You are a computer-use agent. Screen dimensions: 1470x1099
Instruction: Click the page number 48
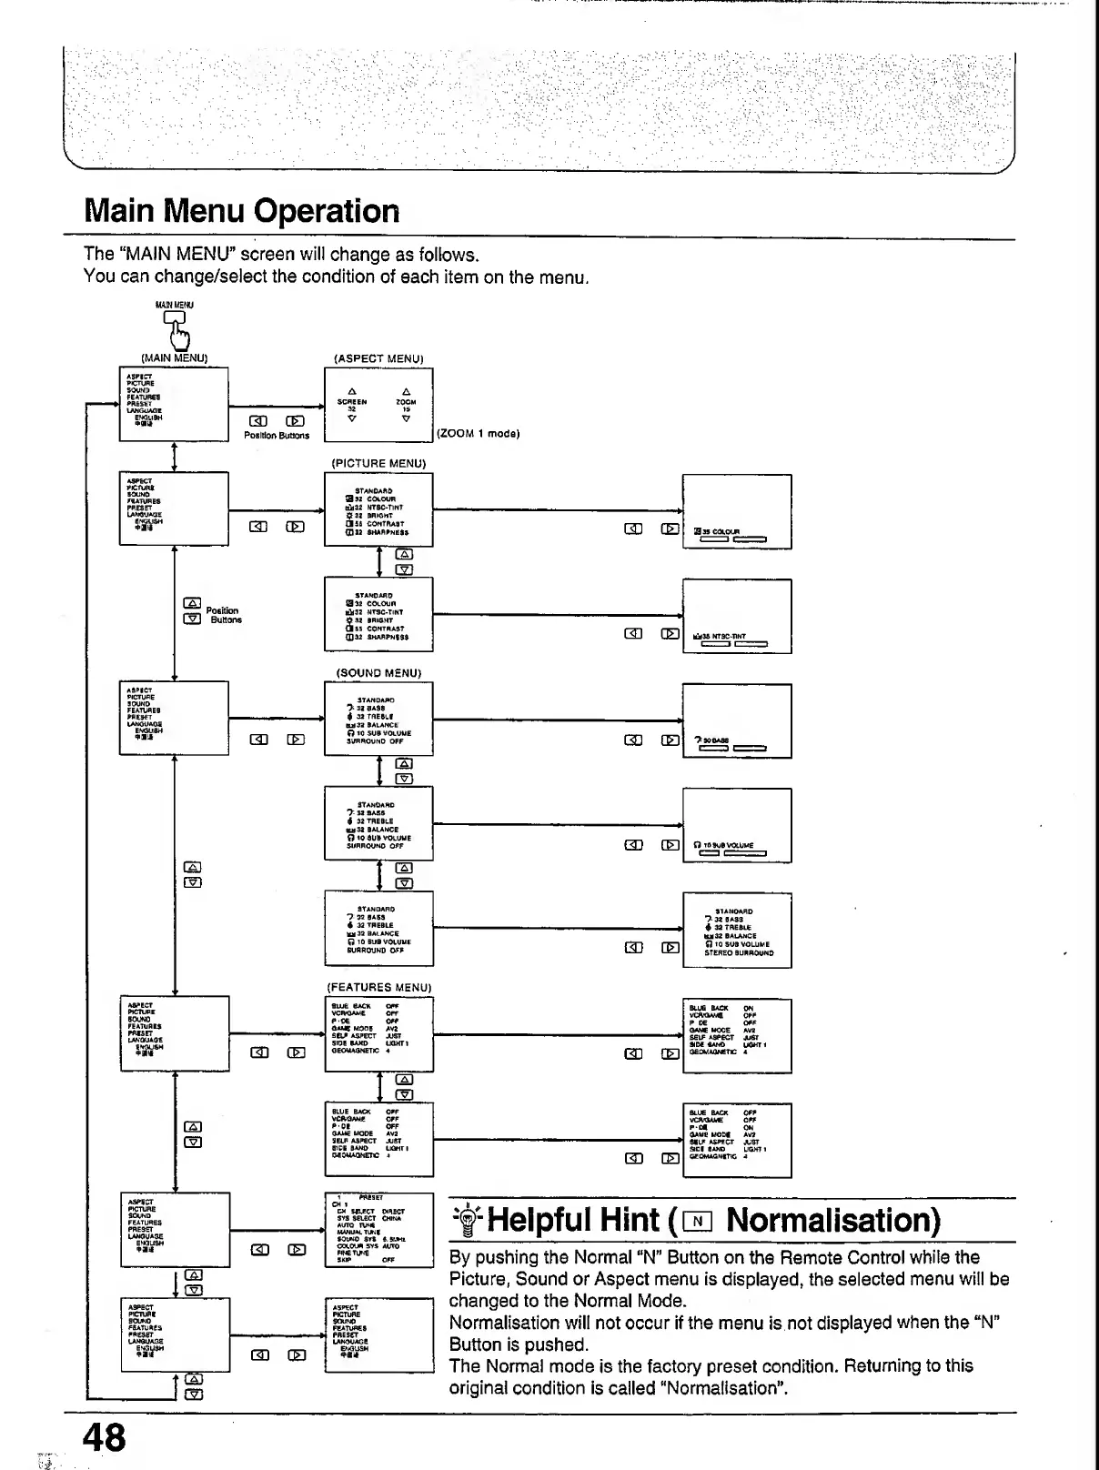(x=105, y=1437)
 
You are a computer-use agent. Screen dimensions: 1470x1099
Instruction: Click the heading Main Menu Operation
(x=242, y=211)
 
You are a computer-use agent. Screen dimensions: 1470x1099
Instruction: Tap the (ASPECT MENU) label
(x=378, y=358)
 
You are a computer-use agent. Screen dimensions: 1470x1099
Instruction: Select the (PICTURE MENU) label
(x=378, y=463)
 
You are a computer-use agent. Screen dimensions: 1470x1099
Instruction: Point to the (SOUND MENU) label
(x=378, y=673)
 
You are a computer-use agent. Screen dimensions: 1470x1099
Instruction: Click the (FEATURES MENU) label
(x=378, y=987)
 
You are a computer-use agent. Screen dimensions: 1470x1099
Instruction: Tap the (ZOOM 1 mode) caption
(x=479, y=434)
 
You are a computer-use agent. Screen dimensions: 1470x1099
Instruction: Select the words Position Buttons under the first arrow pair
(x=277, y=436)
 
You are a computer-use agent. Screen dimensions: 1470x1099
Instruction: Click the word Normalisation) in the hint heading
(x=833, y=1220)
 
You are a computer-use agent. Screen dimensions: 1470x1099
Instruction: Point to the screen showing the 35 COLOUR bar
(x=737, y=512)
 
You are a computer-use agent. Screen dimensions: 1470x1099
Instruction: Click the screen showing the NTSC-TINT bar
(x=737, y=616)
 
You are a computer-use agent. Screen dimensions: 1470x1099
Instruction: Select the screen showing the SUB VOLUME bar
(x=737, y=825)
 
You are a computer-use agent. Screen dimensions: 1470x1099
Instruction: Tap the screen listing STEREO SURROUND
(x=737, y=929)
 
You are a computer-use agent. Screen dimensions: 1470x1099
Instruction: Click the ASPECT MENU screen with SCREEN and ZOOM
(x=378, y=405)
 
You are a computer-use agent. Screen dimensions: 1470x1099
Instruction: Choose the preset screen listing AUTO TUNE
(x=378, y=1229)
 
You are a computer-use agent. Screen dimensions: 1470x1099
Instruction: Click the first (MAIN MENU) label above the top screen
(x=175, y=358)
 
